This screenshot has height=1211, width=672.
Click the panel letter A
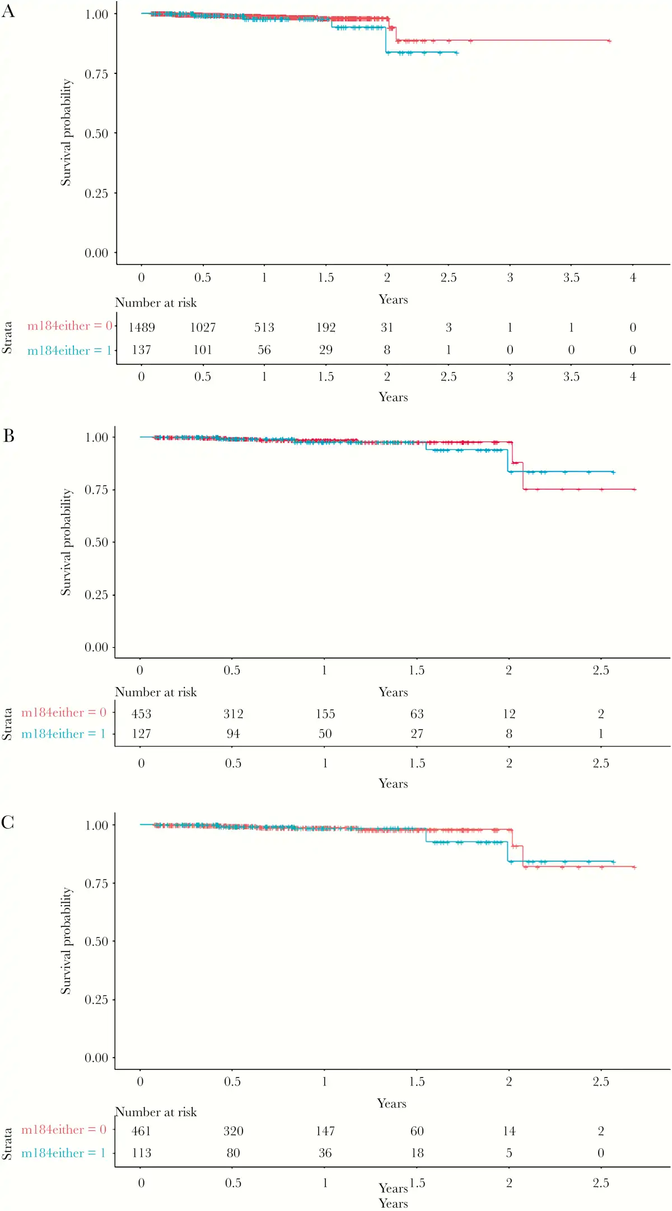click(x=8, y=11)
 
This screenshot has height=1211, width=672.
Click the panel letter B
click(x=8, y=435)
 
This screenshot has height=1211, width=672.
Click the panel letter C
click(x=8, y=822)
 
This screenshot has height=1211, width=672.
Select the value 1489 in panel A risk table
click(x=142, y=327)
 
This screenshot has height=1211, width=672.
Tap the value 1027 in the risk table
click(x=203, y=327)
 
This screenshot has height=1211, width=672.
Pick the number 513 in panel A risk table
click(x=264, y=327)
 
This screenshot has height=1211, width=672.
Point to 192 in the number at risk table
click(x=326, y=327)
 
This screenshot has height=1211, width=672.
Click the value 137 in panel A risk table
click(x=142, y=350)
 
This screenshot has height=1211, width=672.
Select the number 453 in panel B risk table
click(x=142, y=713)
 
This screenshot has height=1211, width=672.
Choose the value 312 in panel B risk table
click(x=234, y=713)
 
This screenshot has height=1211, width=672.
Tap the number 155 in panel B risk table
click(x=325, y=713)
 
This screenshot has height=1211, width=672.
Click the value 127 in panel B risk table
click(x=142, y=734)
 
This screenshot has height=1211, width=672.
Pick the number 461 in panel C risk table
click(x=142, y=1131)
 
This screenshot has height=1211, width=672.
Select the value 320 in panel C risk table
click(x=234, y=1131)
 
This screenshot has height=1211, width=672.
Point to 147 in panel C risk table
click(x=325, y=1131)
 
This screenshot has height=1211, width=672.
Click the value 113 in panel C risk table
click(x=142, y=1153)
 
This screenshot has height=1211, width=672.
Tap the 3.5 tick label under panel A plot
click(x=571, y=277)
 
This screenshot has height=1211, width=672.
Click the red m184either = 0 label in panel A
click(x=70, y=326)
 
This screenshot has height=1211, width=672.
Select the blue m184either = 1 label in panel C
click(x=63, y=1153)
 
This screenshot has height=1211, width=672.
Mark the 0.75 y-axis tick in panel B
click(x=96, y=490)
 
